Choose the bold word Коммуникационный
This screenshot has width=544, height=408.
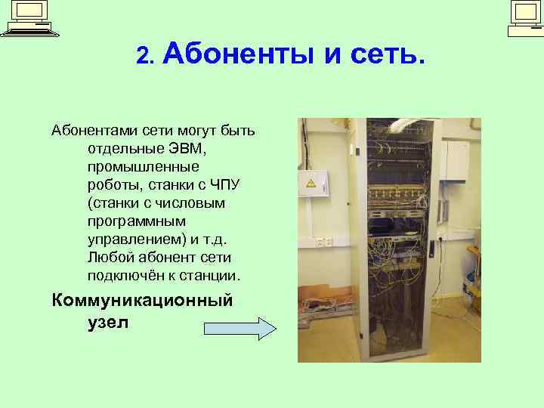(x=142, y=300)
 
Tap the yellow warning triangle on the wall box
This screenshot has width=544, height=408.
(x=310, y=182)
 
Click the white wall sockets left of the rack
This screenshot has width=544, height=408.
(x=324, y=242)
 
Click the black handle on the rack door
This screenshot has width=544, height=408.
(x=431, y=246)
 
